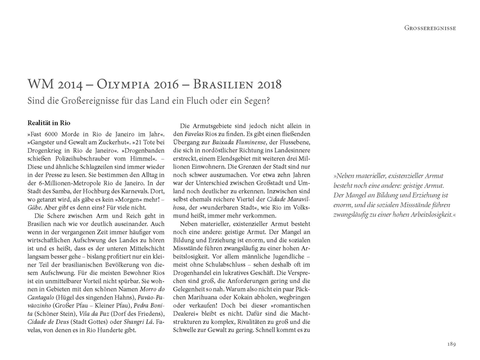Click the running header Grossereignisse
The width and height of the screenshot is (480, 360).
click(430, 28)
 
